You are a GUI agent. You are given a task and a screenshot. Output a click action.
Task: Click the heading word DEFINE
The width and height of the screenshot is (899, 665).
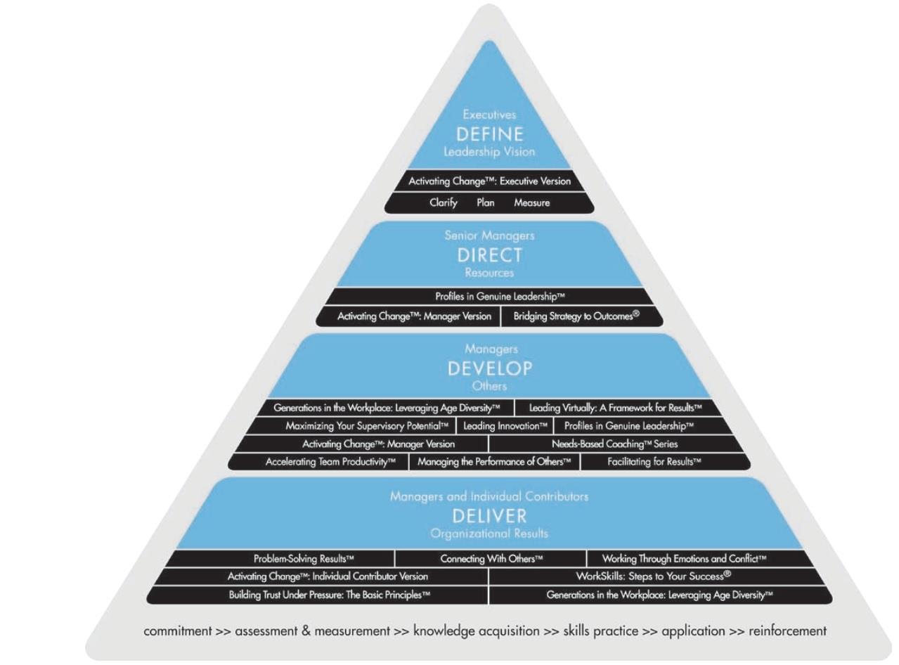pyautogui.click(x=490, y=134)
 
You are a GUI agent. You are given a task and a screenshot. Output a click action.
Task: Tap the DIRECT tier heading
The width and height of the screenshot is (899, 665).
pyautogui.click(x=490, y=255)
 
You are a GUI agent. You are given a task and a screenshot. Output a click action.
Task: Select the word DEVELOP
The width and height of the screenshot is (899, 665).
pyautogui.click(x=490, y=368)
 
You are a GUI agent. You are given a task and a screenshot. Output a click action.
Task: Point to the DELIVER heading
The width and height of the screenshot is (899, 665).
pyautogui.click(x=490, y=516)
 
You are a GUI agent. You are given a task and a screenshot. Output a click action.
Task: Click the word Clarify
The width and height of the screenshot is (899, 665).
pyautogui.click(x=444, y=202)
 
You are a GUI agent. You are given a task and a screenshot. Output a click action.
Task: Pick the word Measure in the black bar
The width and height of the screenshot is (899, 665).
pyautogui.click(x=532, y=202)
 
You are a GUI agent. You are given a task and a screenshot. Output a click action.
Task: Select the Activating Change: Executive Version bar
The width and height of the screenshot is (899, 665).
pyautogui.click(x=490, y=181)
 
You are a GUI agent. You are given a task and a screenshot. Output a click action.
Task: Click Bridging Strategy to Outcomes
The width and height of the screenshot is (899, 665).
pyautogui.click(x=576, y=316)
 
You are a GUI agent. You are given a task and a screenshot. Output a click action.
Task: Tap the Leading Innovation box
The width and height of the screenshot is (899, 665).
pyautogui.click(x=505, y=426)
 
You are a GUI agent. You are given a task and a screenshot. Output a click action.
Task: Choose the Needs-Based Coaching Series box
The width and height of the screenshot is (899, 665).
pyautogui.click(x=614, y=444)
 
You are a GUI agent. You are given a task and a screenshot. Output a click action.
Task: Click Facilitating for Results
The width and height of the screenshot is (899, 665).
pyautogui.click(x=654, y=461)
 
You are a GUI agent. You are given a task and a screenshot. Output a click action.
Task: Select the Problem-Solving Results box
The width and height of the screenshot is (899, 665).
pyautogui.click(x=304, y=558)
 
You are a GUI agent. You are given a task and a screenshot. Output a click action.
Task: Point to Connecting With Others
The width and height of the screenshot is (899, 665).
pyautogui.click(x=491, y=558)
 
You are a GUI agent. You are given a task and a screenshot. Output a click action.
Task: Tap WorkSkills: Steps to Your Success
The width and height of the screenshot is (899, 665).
pyautogui.click(x=654, y=576)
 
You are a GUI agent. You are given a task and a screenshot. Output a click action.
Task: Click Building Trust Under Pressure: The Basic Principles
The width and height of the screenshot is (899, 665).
pyautogui.click(x=329, y=595)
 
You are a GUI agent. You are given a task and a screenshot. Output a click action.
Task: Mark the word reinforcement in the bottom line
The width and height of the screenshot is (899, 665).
pyautogui.click(x=787, y=631)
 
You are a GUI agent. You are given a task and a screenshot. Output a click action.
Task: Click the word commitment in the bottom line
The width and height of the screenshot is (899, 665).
pyautogui.click(x=178, y=631)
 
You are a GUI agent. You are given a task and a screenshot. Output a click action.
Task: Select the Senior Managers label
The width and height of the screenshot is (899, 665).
pyautogui.click(x=490, y=235)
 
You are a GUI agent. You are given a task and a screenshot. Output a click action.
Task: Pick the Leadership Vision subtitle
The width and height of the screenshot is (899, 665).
pyautogui.click(x=490, y=152)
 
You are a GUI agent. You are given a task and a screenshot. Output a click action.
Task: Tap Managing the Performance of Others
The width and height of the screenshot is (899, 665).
pyautogui.click(x=495, y=461)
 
